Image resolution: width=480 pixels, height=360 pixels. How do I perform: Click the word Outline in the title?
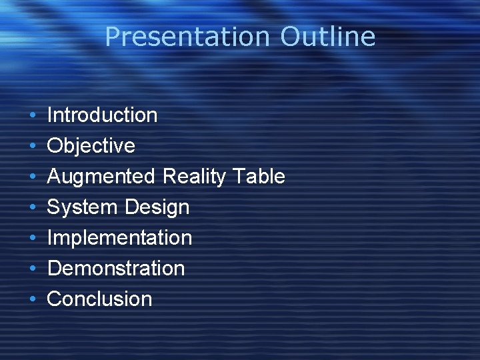pyautogui.click(x=327, y=37)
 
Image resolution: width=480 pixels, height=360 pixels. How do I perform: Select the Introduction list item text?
pyautogui.click(x=102, y=115)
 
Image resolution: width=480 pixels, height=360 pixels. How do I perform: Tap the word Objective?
pyautogui.click(x=91, y=145)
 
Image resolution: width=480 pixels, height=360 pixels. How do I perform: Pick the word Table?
pyautogui.click(x=259, y=176)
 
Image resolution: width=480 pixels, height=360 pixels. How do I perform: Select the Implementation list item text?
pyautogui.click(x=119, y=237)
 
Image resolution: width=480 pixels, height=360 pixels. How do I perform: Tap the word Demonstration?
pyautogui.click(x=116, y=268)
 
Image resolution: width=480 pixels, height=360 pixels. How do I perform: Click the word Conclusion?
pyautogui.click(x=100, y=299)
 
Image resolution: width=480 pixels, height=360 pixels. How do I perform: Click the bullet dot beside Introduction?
pyautogui.click(x=33, y=116)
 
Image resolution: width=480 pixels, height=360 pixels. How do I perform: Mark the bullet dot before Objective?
pyautogui.click(x=33, y=147)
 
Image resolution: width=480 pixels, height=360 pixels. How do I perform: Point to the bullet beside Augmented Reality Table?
pyautogui.click(x=33, y=177)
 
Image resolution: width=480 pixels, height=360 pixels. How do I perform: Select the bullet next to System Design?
pyautogui.click(x=33, y=208)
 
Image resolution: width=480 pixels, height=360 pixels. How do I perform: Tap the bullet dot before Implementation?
pyautogui.click(x=33, y=239)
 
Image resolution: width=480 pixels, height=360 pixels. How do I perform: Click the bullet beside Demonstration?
pyautogui.click(x=33, y=269)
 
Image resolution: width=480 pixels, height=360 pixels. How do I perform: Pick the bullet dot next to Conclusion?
pyautogui.click(x=33, y=300)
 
